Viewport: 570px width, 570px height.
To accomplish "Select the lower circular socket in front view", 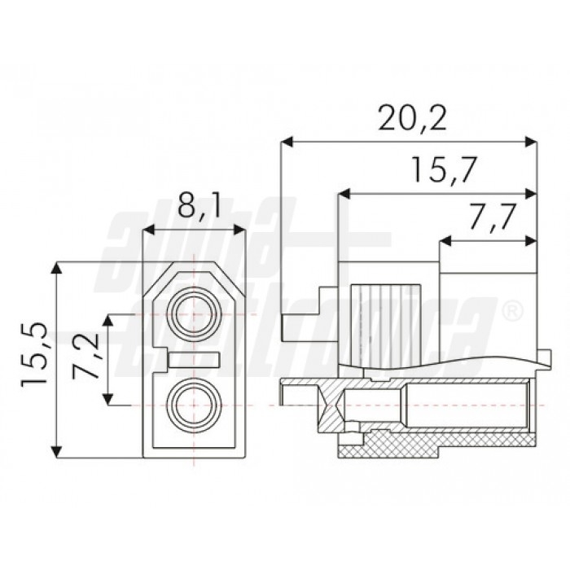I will click(195, 405).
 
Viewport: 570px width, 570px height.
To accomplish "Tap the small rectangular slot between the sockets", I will click(195, 359).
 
